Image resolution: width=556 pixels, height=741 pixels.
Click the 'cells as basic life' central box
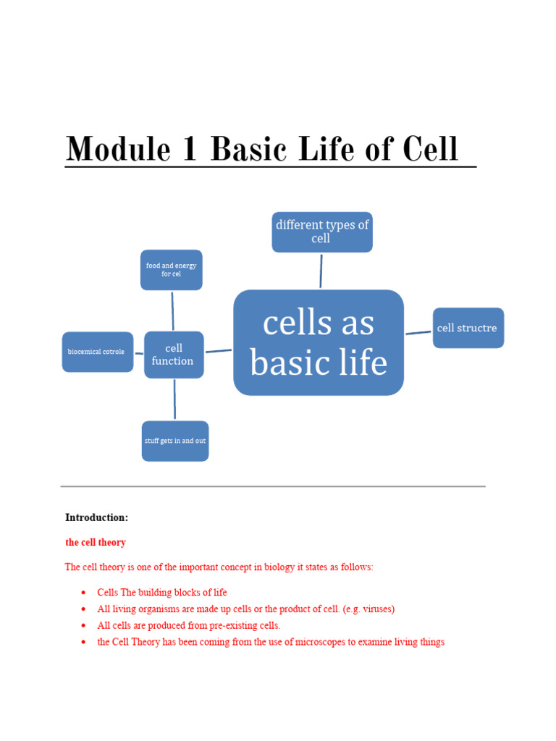coord(319,343)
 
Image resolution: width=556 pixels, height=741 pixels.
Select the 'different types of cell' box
coord(322,232)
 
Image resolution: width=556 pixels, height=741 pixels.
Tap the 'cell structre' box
coord(468,328)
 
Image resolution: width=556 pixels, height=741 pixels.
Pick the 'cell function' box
coord(174,355)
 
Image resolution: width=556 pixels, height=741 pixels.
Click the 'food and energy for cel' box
coord(172,270)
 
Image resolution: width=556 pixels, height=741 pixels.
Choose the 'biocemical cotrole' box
coord(97,352)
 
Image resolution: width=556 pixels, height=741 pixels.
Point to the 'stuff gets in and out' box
coord(175,441)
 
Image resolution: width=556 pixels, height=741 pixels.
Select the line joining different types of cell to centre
coord(321,271)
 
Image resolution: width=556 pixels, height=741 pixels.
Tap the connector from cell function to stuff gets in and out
coord(174,399)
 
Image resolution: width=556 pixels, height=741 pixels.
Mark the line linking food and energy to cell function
coord(172,310)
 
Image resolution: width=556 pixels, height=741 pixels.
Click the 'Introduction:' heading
coord(96,517)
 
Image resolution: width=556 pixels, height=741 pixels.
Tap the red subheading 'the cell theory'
coord(96,542)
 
